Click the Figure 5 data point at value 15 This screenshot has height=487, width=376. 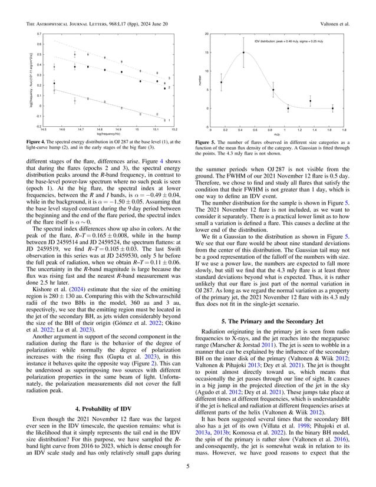243,52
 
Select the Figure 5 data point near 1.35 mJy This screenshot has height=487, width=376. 310,101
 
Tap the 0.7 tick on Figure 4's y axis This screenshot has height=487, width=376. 39,34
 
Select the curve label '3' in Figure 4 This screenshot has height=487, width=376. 169,78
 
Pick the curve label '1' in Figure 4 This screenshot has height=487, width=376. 169,120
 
